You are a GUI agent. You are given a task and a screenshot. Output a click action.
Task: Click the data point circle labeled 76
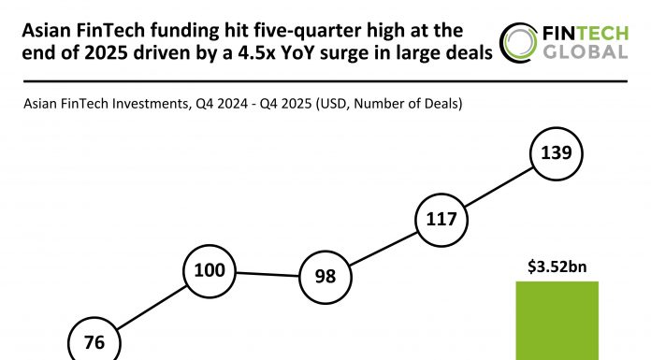[x=94, y=342]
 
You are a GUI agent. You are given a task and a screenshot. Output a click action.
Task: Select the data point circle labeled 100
[x=210, y=270]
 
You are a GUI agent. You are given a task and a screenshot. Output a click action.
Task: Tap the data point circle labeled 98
[x=324, y=278]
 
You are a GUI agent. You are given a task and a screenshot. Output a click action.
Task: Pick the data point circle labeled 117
[x=441, y=221]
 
